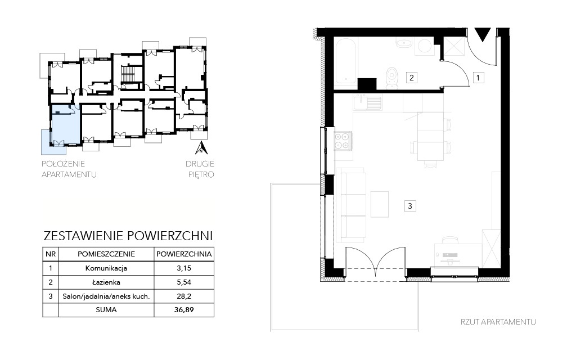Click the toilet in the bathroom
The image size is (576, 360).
[392, 78]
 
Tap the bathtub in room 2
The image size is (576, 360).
[346, 61]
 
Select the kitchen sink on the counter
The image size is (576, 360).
[368, 102]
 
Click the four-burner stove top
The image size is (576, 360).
[342, 141]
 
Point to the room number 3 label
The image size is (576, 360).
[410, 206]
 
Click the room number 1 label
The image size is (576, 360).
[478, 78]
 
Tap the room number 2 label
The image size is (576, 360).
[411, 78]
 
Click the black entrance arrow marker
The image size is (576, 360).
[482, 34]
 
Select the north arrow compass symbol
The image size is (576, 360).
[201, 148]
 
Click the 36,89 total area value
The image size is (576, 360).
[184, 310]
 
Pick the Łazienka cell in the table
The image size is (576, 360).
[106, 282]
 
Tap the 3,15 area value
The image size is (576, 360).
[184, 268]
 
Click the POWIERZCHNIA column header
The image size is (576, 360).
[184, 254]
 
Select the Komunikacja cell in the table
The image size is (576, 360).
[106, 268]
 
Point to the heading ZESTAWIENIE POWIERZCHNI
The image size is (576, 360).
[128, 236]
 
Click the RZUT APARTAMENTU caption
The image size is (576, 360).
[498, 322]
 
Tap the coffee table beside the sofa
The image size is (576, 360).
[380, 204]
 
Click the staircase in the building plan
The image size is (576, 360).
[129, 75]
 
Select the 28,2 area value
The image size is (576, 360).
[184, 296]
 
